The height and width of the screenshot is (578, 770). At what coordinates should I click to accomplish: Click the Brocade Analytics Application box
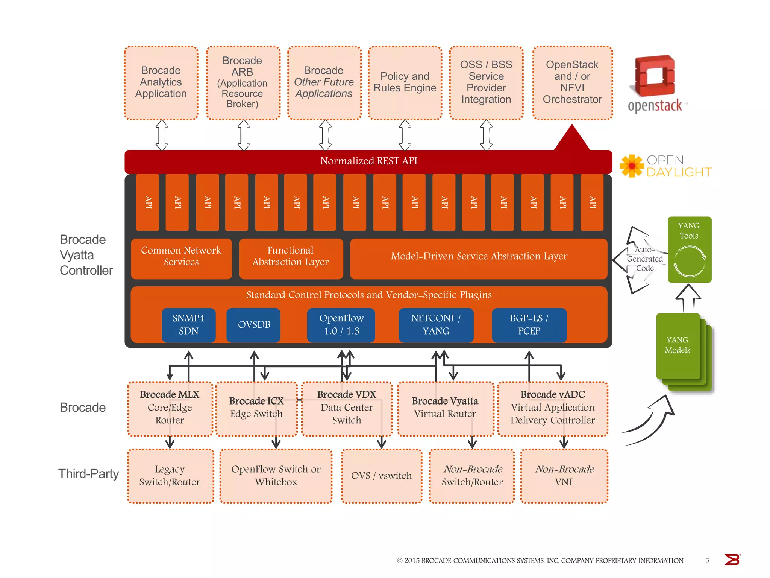161,82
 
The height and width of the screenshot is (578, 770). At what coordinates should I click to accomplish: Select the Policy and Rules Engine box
405,82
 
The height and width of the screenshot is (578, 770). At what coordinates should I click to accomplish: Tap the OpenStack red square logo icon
654,76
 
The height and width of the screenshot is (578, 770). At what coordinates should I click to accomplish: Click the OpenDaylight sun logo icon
632,166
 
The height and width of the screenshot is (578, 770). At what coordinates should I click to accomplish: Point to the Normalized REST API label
368,161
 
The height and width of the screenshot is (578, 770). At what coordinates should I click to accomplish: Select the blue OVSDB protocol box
254,325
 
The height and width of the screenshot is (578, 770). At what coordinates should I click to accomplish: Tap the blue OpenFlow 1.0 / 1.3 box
341,325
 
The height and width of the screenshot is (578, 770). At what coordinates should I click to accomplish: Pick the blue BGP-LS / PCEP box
529,325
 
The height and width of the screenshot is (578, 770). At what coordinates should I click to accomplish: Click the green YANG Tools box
689,249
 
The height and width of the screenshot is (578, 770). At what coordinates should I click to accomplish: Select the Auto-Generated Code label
645,259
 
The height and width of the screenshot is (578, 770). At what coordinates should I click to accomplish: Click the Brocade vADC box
553,408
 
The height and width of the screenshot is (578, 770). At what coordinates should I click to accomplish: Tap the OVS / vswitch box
381,476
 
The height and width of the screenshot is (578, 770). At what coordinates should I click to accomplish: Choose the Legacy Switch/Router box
170,476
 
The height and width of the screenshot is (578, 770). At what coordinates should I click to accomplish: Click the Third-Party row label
88,474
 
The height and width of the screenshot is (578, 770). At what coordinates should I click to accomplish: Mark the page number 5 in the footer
707,560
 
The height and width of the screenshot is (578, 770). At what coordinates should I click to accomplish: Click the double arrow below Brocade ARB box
244,135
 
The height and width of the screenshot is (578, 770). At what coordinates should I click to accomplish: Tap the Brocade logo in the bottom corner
732,560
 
